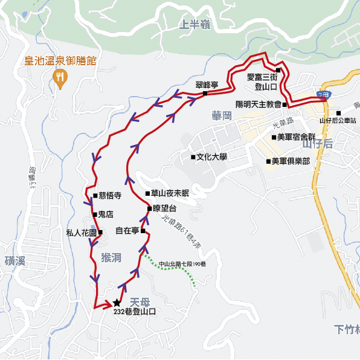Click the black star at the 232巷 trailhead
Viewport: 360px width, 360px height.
pyautogui.click(x=117, y=303)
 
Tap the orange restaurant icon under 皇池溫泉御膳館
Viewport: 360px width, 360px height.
pyautogui.click(x=59, y=76)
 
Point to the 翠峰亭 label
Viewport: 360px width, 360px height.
pyautogui.click(x=207, y=85)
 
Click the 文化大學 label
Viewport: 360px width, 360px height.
pyautogui.click(x=211, y=157)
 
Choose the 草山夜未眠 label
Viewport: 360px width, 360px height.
pyautogui.click(x=171, y=193)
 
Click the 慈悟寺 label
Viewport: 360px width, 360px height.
pyautogui.click(x=110, y=196)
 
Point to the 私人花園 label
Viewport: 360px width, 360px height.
pyautogui.click(x=81, y=233)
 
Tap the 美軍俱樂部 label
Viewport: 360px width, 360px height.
pyautogui.click(x=291, y=161)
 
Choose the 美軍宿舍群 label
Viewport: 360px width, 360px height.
pyautogui.click(x=296, y=137)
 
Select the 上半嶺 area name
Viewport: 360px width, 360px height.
pyautogui.click(x=194, y=24)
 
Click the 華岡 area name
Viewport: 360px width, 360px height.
pyautogui.click(x=222, y=115)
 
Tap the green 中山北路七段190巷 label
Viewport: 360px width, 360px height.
pyautogui.click(x=182, y=264)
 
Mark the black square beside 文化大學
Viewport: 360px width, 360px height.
pyautogui.click(x=193, y=157)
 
